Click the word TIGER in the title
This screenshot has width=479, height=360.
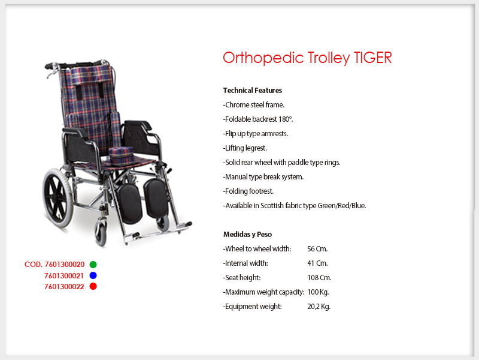[372, 58]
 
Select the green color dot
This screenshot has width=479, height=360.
[93, 265]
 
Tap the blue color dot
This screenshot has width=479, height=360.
[93, 275]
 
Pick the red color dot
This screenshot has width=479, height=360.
[93, 286]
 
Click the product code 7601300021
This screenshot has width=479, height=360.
[64, 276]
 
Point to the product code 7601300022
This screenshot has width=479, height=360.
[64, 287]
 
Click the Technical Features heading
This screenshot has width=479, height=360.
[252, 91]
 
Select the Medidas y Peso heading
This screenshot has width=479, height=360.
[247, 234]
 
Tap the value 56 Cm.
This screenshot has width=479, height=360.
[317, 249]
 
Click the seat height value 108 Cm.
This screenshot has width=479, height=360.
[319, 278]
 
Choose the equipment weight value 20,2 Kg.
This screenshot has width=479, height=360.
[319, 307]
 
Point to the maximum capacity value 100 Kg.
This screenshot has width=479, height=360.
[318, 292]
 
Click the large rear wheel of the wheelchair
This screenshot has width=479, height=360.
[57, 198]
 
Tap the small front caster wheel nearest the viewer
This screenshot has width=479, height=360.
[101, 234]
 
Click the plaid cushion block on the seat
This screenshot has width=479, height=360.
[122, 156]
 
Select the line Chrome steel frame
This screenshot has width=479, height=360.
[254, 104]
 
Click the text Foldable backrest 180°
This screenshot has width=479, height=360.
[258, 119]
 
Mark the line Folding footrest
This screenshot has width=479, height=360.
[248, 191]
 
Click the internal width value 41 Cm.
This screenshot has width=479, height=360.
[317, 263]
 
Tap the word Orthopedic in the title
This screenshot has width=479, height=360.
[263, 58]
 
